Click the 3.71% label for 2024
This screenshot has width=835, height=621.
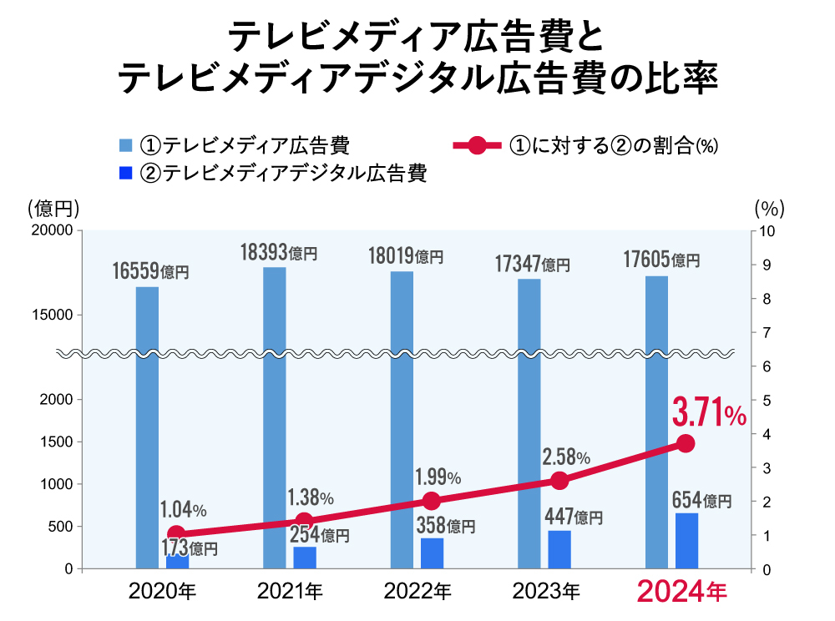coord(709,413)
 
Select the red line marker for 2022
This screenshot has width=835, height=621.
coord(431,501)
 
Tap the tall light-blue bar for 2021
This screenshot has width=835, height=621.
coord(275,417)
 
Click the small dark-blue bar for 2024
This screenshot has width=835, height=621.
coord(686,541)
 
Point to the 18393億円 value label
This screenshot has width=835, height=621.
coord(279,251)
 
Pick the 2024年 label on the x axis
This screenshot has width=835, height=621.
coord(682,592)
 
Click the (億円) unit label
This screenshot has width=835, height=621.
coord(53,206)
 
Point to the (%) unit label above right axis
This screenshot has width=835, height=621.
coord(769,206)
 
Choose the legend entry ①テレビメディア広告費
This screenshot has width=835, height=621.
coord(234,144)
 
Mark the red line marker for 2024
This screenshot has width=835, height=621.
coord(686,443)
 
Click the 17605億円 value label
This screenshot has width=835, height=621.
coord(661,260)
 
